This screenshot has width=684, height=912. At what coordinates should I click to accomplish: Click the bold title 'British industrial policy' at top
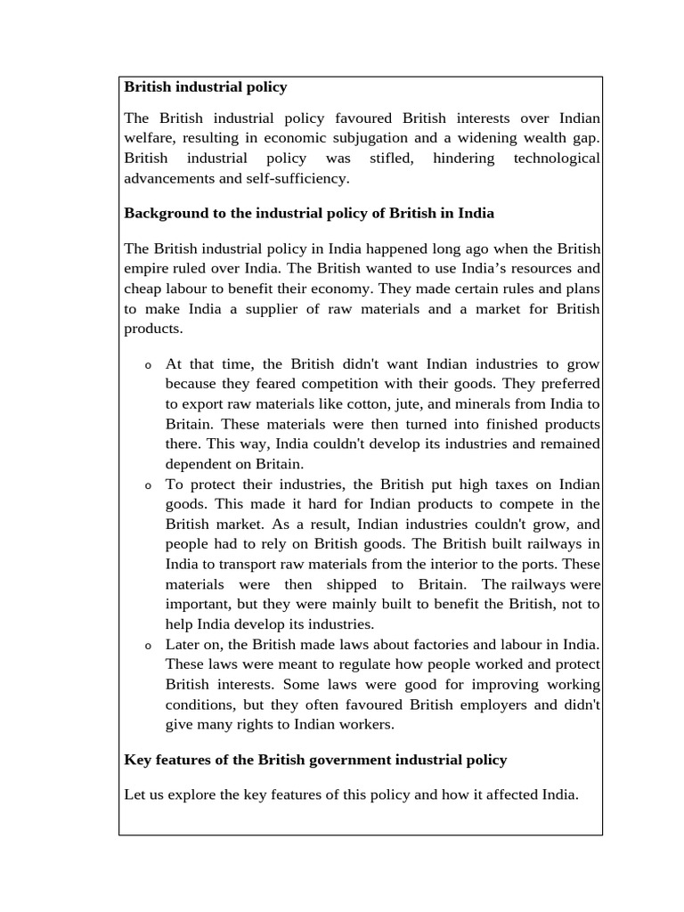205,87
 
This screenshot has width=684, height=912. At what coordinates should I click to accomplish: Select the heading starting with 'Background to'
308,214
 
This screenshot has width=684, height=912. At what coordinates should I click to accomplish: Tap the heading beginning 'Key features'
315,760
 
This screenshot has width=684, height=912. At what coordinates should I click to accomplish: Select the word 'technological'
557,159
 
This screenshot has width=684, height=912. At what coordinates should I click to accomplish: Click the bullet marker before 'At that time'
148,366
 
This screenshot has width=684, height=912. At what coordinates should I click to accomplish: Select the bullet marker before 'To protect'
148,486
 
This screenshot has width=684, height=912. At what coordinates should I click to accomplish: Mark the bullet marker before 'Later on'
148,646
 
